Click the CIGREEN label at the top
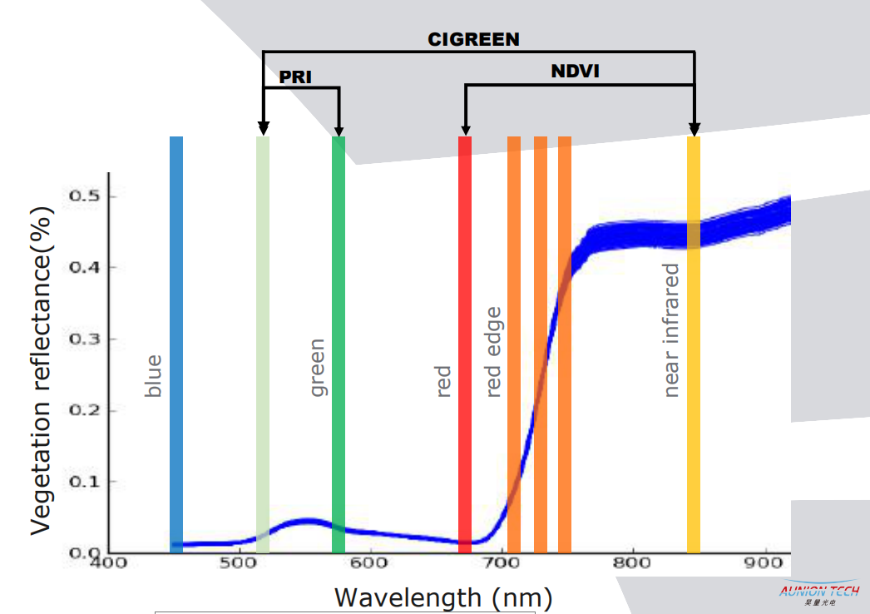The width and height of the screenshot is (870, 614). (x=473, y=39)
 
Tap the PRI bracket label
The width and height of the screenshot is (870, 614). (x=295, y=77)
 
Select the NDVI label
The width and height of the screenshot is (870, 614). (x=575, y=72)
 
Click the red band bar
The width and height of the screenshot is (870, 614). (x=465, y=333)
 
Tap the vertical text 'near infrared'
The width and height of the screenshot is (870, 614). (x=671, y=330)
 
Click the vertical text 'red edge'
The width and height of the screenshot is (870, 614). (x=493, y=352)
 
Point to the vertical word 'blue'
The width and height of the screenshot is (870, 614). (x=153, y=376)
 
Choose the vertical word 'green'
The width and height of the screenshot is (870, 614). (x=317, y=367)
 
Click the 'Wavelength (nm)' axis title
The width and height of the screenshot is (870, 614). (x=443, y=597)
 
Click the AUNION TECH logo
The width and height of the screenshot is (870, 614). (x=818, y=593)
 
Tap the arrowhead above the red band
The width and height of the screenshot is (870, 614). (x=465, y=128)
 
